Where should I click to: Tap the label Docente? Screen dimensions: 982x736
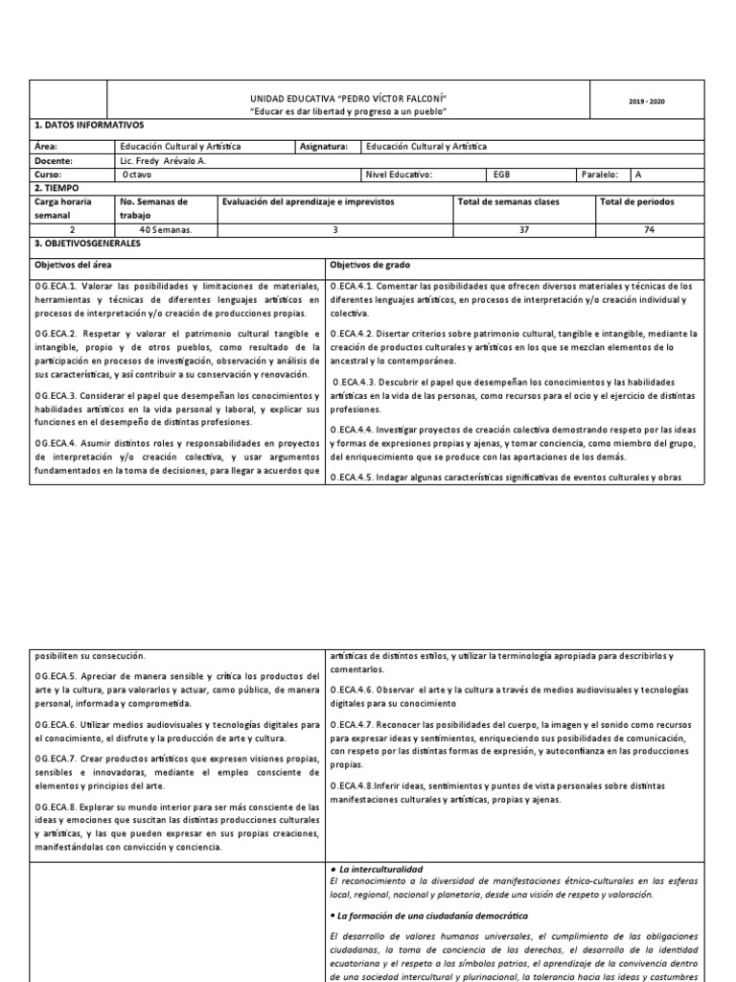(53, 161)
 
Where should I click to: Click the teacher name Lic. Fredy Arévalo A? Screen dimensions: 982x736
(162, 161)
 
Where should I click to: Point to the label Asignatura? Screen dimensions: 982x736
(327, 147)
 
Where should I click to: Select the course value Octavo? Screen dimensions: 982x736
(136, 175)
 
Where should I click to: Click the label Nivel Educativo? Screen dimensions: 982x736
(399, 175)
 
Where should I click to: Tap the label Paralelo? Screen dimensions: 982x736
(600, 175)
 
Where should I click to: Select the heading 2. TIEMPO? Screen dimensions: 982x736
(58, 189)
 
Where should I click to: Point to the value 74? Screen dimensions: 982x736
(651, 230)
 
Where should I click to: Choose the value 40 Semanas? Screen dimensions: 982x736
(166, 230)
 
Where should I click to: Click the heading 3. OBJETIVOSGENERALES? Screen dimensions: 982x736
(87, 245)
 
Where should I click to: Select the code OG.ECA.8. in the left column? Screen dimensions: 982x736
(58, 807)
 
